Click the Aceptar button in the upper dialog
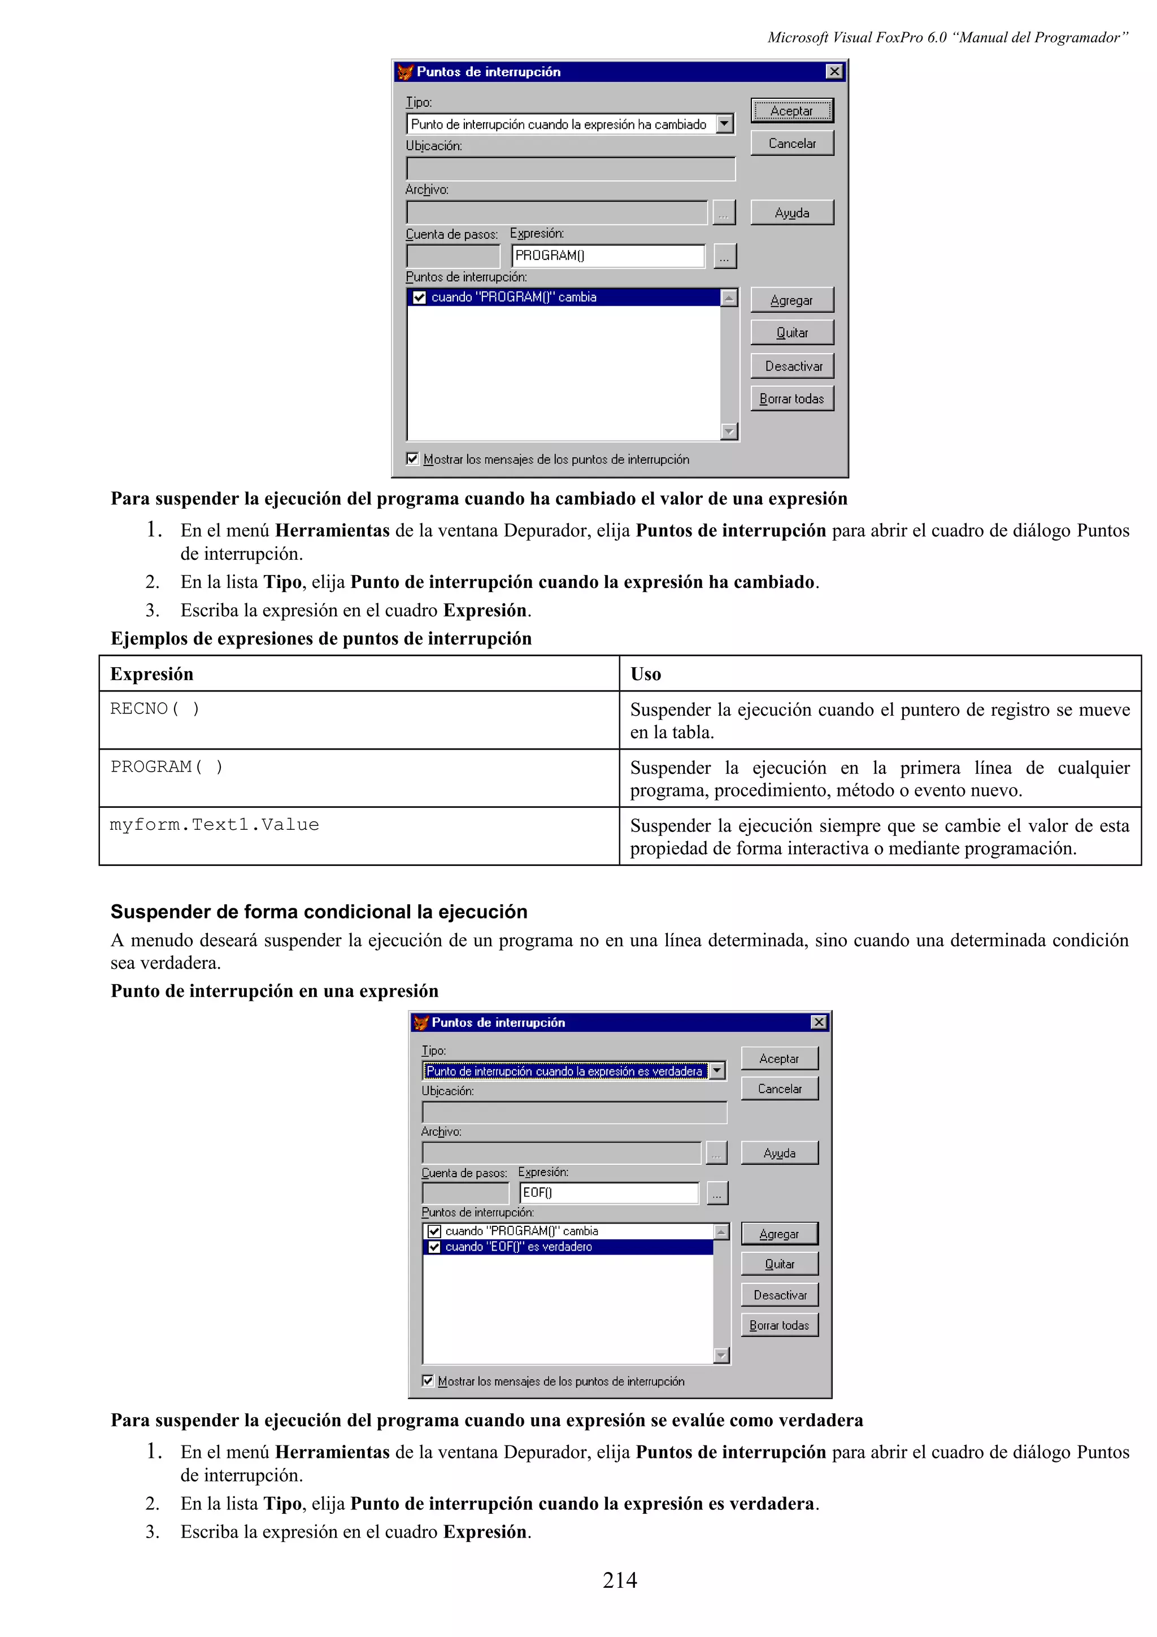791,111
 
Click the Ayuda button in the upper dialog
791,212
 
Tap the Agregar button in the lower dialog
779,1234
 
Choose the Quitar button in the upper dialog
791,333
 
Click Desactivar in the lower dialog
779,1295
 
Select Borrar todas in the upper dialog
791,399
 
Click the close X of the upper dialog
833,71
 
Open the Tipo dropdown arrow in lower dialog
717,1070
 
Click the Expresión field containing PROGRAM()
607,255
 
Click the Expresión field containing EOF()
609,1192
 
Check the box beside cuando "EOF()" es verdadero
434,1247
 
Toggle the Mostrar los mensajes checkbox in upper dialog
412,459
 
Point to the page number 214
620,1580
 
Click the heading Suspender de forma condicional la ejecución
319,911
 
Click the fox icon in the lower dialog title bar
420,1022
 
